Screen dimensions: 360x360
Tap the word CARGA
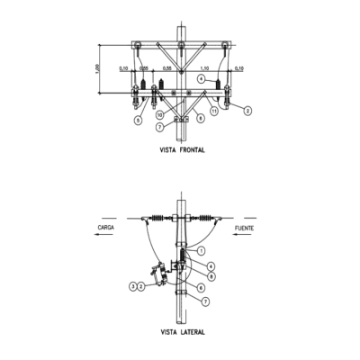pyautogui.click(x=106, y=229)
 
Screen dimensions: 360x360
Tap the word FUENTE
pyautogui.click(x=244, y=229)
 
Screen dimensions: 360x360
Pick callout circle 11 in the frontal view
pyautogui.click(x=213, y=112)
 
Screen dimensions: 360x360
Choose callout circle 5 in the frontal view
pyautogui.click(x=139, y=120)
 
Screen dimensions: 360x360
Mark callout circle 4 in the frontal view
pyautogui.click(x=202, y=80)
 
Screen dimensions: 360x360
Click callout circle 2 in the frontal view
pyautogui.click(x=247, y=111)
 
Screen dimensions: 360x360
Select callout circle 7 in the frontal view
pyautogui.click(x=159, y=127)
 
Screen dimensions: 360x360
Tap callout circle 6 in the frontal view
pyautogui.click(x=200, y=119)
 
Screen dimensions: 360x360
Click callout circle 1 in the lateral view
pyautogui.click(x=202, y=249)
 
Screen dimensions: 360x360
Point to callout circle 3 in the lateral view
pyautogui.click(x=132, y=286)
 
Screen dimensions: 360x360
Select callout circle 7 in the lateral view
pyautogui.click(x=205, y=301)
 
